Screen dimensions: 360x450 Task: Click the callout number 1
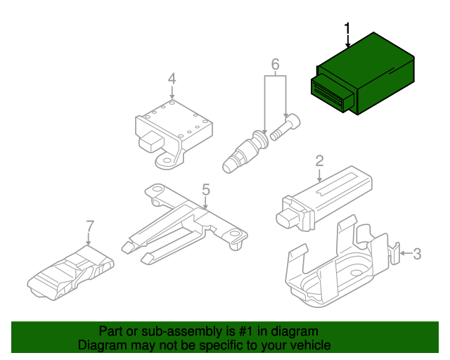[x=347, y=28]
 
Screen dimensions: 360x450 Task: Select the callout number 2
[x=319, y=161]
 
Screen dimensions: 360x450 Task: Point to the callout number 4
[x=172, y=79]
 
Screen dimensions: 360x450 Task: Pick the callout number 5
[x=205, y=189]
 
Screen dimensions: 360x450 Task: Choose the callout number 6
[x=275, y=65]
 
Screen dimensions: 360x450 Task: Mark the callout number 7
[x=89, y=226]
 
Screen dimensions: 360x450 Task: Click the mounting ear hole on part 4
[x=166, y=163]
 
